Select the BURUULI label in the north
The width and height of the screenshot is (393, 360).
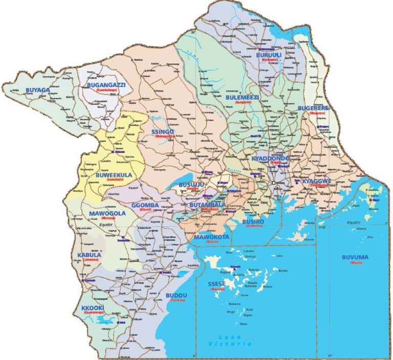(269, 54)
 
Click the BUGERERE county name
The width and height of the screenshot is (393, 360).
(313, 108)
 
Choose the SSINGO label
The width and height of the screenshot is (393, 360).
(163, 132)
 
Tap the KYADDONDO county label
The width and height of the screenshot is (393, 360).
(271, 159)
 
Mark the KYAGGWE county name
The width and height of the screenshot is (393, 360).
(317, 181)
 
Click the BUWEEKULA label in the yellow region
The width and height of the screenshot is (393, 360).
(114, 175)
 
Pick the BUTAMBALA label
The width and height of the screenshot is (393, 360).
(207, 205)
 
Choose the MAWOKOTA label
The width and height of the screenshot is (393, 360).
(210, 237)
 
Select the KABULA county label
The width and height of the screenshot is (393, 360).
(90, 255)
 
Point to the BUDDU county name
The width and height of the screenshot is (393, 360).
(177, 296)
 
